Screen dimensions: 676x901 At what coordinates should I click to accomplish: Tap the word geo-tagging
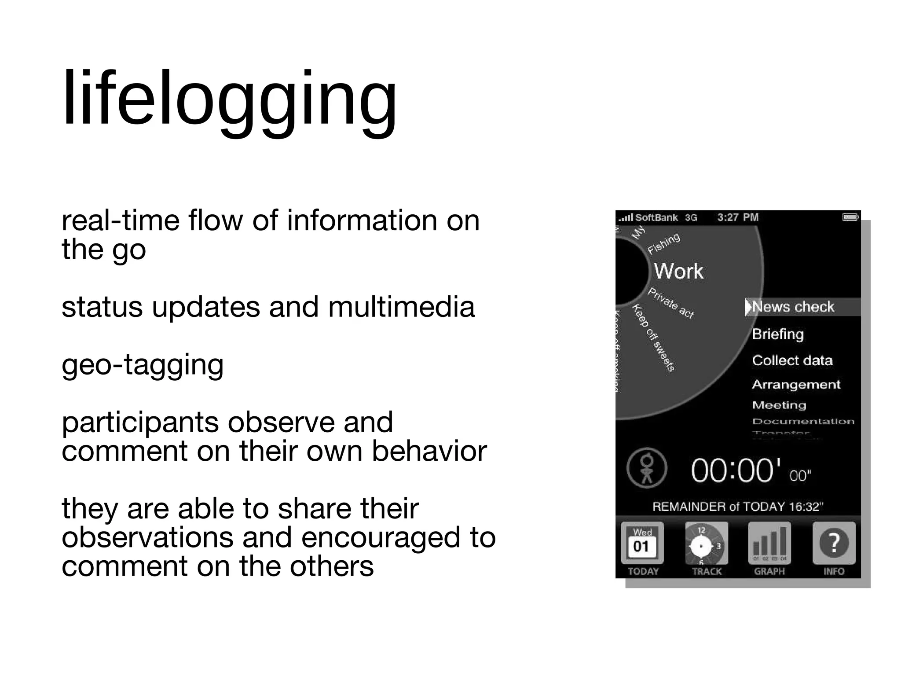click(143, 364)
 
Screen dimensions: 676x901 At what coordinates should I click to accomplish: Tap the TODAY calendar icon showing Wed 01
click(642, 543)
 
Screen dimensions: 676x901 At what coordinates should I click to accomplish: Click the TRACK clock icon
click(706, 543)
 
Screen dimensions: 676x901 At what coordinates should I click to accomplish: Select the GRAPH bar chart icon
click(769, 543)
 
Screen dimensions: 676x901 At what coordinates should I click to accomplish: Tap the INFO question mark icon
click(834, 543)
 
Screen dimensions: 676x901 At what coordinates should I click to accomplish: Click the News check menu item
click(793, 307)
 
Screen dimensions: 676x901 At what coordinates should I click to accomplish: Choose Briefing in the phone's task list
click(778, 334)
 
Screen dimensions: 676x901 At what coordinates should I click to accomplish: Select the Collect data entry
click(792, 360)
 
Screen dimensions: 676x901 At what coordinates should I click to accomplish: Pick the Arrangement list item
click(796, 385)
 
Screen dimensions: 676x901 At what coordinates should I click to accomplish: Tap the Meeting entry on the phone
click(779, 405)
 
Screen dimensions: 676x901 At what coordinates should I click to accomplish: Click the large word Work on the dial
click(678, 271)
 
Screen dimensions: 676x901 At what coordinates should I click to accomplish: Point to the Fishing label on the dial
click(664, 243)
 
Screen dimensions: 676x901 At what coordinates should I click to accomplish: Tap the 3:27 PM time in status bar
click(738, 217)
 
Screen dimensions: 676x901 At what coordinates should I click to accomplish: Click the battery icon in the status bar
click(850, 217)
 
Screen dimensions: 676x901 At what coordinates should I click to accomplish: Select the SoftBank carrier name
click(656, 217)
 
